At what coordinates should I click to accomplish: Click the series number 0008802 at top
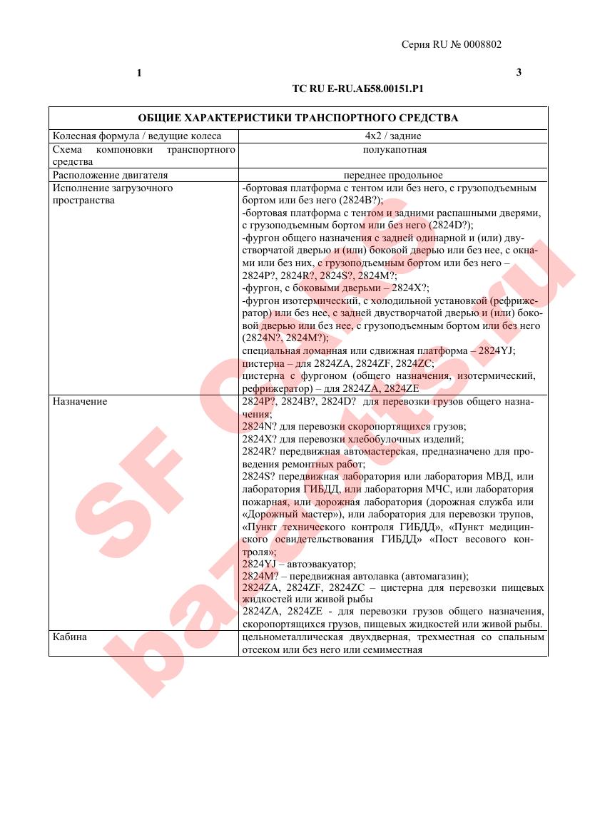(x=482, y=44)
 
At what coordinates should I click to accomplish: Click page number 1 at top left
(x=139, y=73)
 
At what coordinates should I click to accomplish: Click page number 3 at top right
(x=519, y=73)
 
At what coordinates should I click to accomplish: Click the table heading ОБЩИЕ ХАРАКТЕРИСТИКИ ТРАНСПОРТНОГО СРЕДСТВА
(x=298, y=118)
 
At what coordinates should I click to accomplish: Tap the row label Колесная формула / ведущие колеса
(x=137, y=136)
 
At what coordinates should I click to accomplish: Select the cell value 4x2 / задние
(x=393, y=136)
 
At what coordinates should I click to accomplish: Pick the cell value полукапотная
(x=393, y=149)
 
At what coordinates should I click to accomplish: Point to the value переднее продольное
(x=393, y=175)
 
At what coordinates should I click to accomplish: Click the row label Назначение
(x=80, y=401)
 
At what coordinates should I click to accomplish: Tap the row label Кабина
(x=70, y=637)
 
